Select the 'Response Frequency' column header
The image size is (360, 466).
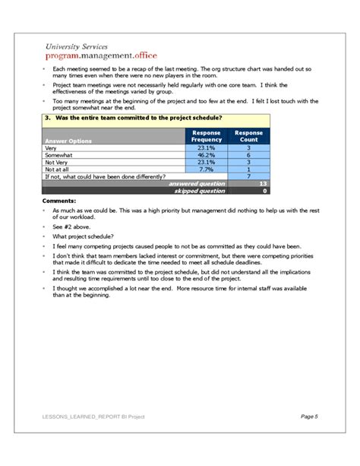[x=206, y=136]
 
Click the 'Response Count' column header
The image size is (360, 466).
[x=249, y=136]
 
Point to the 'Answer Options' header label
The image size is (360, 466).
[x=68, y=141]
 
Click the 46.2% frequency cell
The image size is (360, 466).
[x=206, y=154]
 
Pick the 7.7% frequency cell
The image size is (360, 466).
[x=206, y=169]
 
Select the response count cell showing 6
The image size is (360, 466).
[x=249, y=154]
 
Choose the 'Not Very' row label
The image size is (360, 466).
[x=56, y=161]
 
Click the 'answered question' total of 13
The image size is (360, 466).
[x=263, y=183]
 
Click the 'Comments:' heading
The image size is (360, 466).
[x=59, y=201]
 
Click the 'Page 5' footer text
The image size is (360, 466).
[x=309, y=417]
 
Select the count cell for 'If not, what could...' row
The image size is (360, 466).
[x=249, y=176]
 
